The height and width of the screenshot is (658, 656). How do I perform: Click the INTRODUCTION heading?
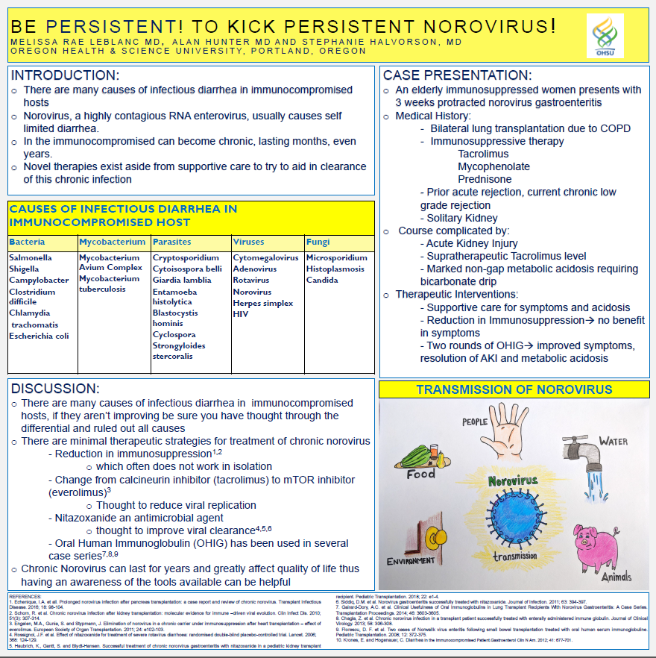point(65,75)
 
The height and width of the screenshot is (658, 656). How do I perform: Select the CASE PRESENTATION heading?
point(456,75)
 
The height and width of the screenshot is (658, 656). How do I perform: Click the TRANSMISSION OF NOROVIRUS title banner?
point(514,390)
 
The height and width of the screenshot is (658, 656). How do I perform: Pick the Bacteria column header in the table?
point(27,242)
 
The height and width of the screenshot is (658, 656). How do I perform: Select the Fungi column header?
point(318,242)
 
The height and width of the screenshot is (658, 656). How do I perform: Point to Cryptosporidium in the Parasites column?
point(186,257)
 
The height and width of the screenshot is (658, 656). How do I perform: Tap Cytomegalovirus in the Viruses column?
point(265,257)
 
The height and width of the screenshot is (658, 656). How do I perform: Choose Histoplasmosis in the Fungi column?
point(335,269)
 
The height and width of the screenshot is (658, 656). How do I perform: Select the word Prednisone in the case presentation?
point(485,179)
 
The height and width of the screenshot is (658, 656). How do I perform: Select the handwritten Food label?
point(421,474)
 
